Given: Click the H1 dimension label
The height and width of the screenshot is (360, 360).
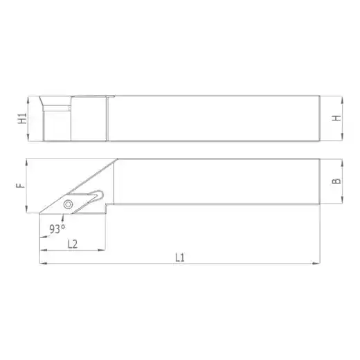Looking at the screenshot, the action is (23, 118).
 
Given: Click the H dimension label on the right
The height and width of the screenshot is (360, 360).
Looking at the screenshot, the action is (336, 118).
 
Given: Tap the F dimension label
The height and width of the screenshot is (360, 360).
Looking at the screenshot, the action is (21, 186).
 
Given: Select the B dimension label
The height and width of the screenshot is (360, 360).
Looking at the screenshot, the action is (336, 181).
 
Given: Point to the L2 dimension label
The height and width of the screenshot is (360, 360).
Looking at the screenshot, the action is (73, 244).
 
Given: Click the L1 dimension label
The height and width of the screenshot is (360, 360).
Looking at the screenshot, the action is (180, 258).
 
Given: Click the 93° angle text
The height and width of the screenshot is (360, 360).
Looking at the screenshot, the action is (57, 229).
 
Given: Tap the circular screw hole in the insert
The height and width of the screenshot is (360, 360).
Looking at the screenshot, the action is (68, 204).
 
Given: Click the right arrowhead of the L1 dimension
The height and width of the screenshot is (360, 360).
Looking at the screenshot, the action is (316, 263).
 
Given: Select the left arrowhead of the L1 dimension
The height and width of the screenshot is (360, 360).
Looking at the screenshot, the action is (44, 263).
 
